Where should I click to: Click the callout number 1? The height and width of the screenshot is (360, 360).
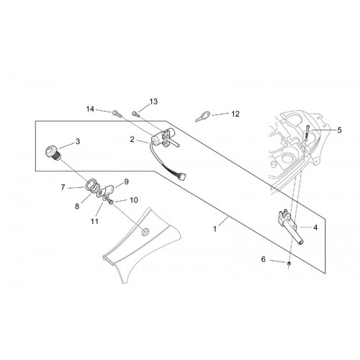coord(215,229)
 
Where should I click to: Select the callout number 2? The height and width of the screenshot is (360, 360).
coord(132,139)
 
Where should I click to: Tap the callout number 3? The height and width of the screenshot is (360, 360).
coord(78,141)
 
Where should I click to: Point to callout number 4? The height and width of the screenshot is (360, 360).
coord(315,228)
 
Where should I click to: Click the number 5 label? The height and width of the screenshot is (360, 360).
coord(339,130)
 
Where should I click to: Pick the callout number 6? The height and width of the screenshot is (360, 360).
coord(264,259)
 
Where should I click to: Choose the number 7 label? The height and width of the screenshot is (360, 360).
coord(63,187)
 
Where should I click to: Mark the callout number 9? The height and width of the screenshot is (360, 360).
coord(127,181)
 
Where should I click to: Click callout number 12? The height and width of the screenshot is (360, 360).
coord(235,114)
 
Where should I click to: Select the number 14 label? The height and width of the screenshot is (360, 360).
coord(90,109)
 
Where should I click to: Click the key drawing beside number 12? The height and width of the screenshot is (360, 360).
coord(203,116)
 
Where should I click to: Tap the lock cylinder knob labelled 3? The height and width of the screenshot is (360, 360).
coord(53,152)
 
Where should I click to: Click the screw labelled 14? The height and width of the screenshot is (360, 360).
coord(116,113)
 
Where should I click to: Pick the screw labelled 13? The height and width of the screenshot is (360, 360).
coord(135,114)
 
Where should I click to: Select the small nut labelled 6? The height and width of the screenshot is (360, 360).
coord(289,264)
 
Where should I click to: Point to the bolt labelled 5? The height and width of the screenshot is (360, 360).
coord(307,132)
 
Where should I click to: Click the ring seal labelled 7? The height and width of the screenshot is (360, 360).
coord(91,185)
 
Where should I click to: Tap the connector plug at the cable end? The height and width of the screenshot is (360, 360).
coord(184,177)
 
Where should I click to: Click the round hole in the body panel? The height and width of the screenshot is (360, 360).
coord(145,232)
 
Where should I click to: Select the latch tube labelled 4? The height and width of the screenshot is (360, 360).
coord(290,226)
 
